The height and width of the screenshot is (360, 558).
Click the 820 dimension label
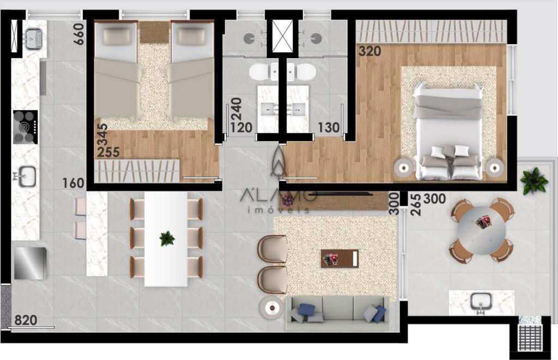[x=26, y=320]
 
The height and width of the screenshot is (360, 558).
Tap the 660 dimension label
[x=78, y=34]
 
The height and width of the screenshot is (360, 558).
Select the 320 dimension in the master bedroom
[x=370, y=51]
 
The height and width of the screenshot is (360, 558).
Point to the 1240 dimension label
[x=236, y=109]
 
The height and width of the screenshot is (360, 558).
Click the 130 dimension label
[x=329, y=127]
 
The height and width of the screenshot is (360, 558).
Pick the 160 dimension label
[x=74, y=183]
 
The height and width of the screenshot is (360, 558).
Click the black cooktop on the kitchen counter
[x=25, y=127]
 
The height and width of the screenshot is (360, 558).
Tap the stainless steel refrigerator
[x=30, y=263]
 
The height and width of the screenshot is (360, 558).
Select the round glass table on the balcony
[x=482, y=230]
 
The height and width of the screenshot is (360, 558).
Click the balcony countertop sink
[x=481, y=302]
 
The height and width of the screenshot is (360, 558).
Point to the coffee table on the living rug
[x=339, y=258]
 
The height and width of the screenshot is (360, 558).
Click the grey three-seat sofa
[x=337, y=314]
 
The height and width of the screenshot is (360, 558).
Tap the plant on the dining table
[x=167, y=239]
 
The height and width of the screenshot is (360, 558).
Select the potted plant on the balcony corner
[x=534, y=181]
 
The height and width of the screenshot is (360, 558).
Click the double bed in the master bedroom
[x=449, y=132]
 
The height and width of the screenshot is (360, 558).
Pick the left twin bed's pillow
[x=116, y=36]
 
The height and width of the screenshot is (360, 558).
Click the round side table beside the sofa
[x=272, y=307]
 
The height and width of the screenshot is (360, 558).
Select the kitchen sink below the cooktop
[x=26, y=176]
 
